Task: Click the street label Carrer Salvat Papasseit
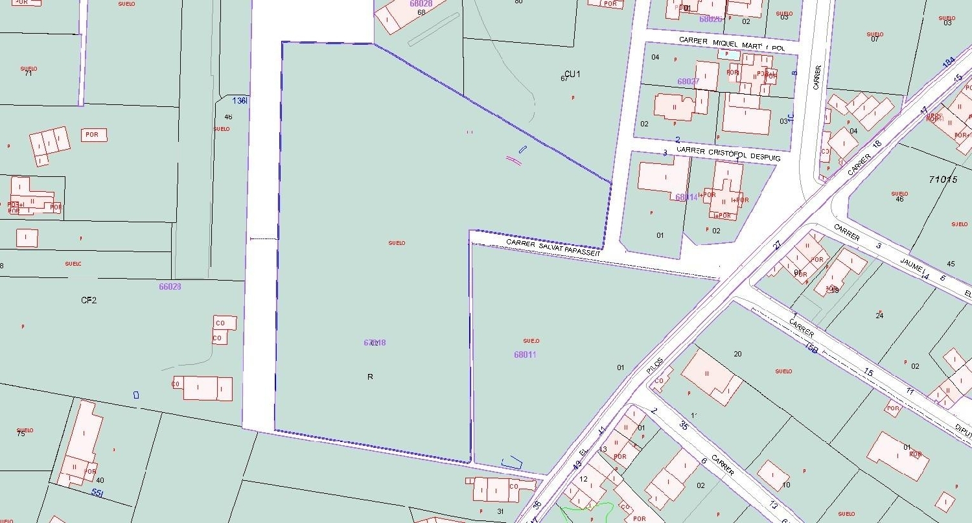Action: coord(553,247)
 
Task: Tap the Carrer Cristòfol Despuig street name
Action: coord(728,153)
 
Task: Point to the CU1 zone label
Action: coord(572,74)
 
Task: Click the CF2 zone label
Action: coord(89,300)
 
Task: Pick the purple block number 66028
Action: coord(170,286)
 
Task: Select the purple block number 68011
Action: coord(525,354)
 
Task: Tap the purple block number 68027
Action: coord(688,82)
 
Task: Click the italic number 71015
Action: coord(943,179)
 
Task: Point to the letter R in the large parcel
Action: coord(370,377)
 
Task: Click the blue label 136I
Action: coord(240,100)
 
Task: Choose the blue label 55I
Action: coord(97,493)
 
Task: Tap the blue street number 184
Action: coord(949,62)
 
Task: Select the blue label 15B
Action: coord(811,347)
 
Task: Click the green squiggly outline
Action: coord(586,512)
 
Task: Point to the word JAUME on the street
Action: coord(912,267)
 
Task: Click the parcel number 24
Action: coord(879,316)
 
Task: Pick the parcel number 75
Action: coord(21,434)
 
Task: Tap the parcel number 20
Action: coord(737,353)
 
